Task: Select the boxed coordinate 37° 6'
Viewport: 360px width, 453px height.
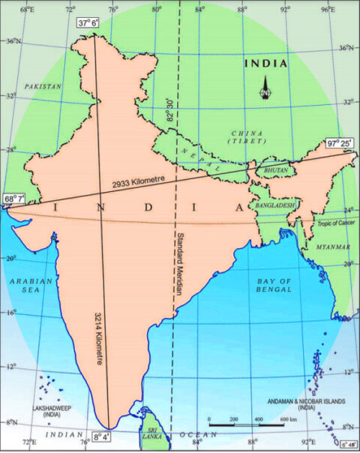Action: click(x=88, y=23)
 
